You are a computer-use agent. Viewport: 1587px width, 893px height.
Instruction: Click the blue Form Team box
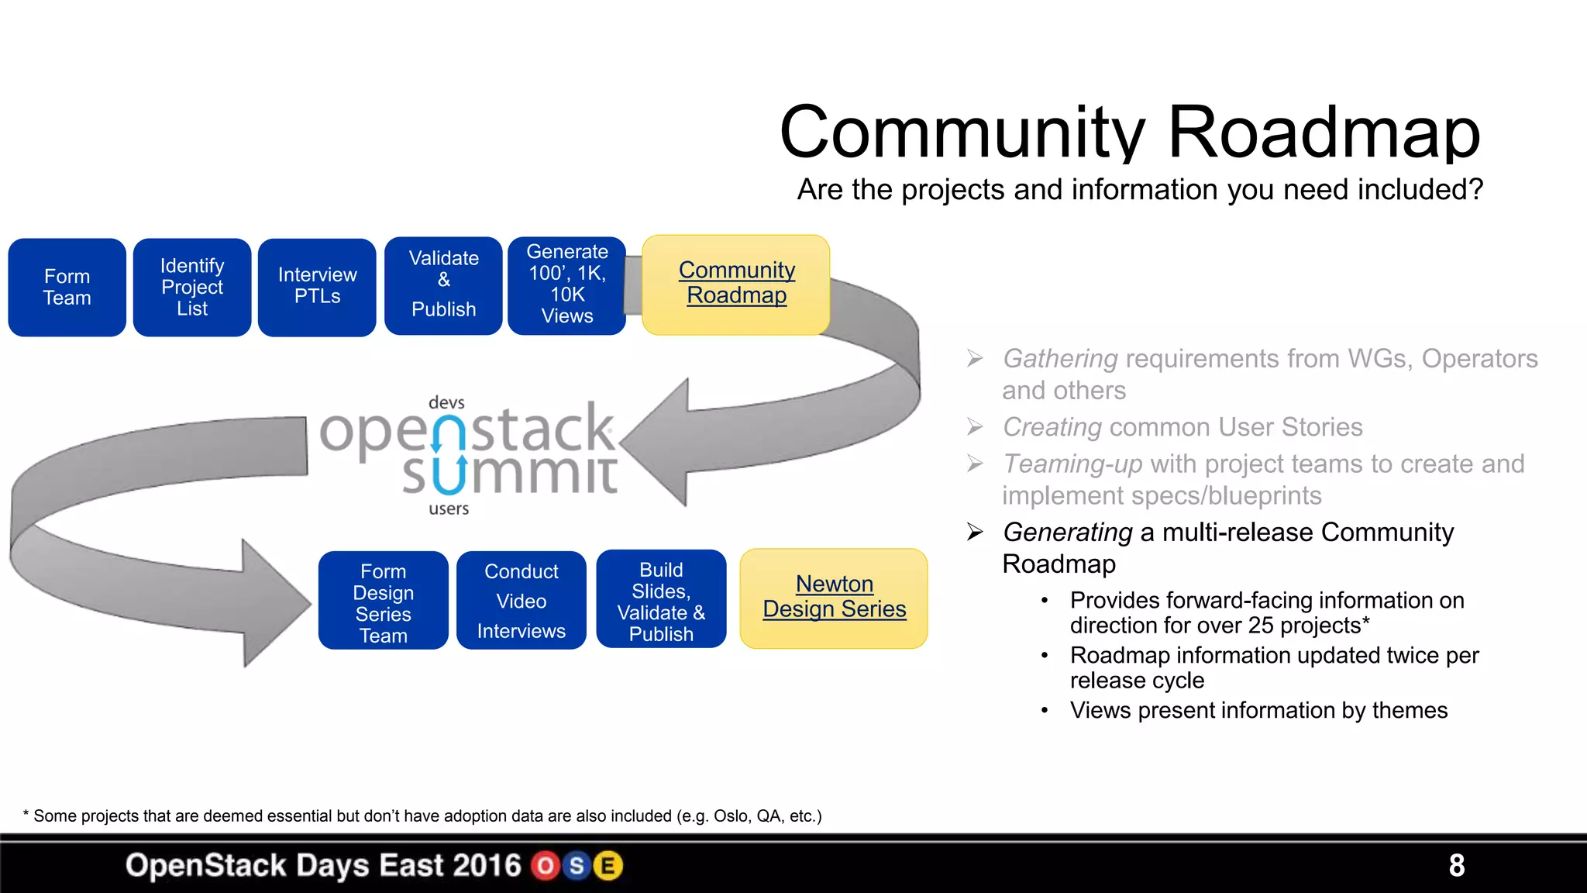click(x=67, y=288)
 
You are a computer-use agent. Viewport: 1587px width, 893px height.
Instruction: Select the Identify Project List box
click(x=192, y=288)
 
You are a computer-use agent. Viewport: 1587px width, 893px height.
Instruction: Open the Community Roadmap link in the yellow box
click(x=736, y=283)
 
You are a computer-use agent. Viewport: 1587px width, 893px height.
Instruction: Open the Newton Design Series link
click(x=834, y=597)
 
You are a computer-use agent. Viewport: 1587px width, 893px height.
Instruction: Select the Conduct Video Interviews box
click(x=522, y=601)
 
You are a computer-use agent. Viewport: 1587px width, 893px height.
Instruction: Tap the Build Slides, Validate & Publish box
click(x=661, y=601)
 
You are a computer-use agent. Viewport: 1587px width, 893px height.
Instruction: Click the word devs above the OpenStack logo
click(x=446, y=403)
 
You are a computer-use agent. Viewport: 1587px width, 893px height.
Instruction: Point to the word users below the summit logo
click(x=449, y=509)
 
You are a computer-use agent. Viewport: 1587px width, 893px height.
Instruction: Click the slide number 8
click(x=1456, y=865)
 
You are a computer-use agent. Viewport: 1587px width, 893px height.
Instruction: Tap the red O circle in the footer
click(x=546, y=866)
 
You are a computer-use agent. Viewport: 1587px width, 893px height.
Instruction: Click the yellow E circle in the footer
click(x=608, y=866)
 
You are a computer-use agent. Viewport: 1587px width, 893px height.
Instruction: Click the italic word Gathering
click(x=1060, y=359)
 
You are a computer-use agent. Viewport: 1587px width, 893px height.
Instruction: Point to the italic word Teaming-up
click(x=1072, y=464)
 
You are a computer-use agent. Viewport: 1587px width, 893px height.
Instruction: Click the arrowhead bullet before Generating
click(x=975, y=533)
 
